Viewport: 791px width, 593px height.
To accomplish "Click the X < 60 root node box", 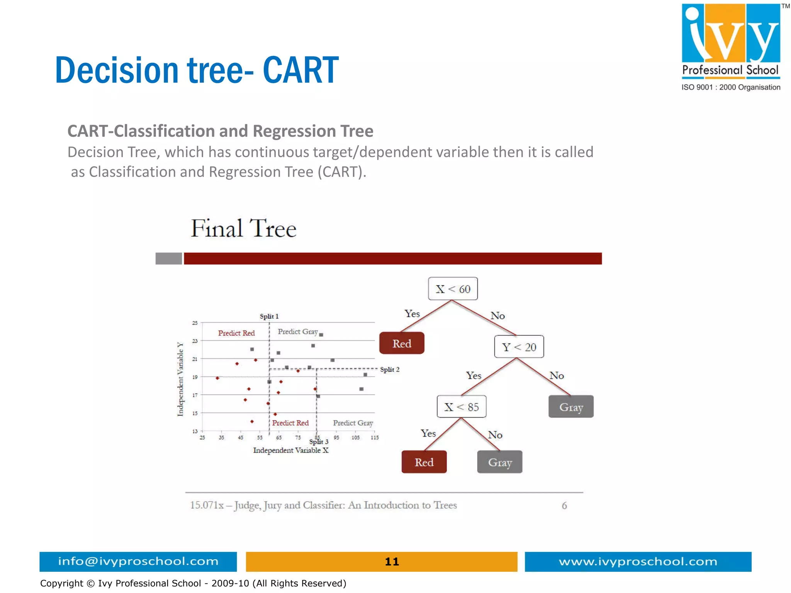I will click(453, 289).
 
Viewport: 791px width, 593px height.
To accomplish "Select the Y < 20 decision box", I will click(519, 347).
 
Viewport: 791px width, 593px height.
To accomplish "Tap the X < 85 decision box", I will click(461, 406).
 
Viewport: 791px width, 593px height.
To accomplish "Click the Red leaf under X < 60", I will click(402, 343).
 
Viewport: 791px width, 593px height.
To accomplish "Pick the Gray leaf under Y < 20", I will click(571, 406).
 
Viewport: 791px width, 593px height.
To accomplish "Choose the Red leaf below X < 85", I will click(424, 462).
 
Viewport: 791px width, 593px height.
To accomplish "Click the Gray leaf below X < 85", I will click(499, 462).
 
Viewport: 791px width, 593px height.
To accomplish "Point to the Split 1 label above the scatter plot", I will click(269, 316).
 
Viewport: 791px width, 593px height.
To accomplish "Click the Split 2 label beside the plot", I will click(389, 369).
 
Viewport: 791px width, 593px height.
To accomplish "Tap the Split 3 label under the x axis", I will click(319, 442).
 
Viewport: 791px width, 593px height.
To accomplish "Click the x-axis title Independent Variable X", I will click(290, 450).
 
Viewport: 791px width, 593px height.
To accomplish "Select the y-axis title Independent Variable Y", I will click(180, 379).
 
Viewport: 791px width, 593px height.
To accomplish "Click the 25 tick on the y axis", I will click(195, 323).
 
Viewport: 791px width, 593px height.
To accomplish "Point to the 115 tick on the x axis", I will click(374, 437).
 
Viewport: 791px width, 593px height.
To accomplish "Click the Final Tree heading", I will click(243, 228).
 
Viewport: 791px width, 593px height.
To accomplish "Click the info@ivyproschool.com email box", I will click(138, 561).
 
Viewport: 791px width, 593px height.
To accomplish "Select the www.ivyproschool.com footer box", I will click(638, 561).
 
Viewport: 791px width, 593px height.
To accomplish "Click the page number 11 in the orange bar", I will click(392, 561).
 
